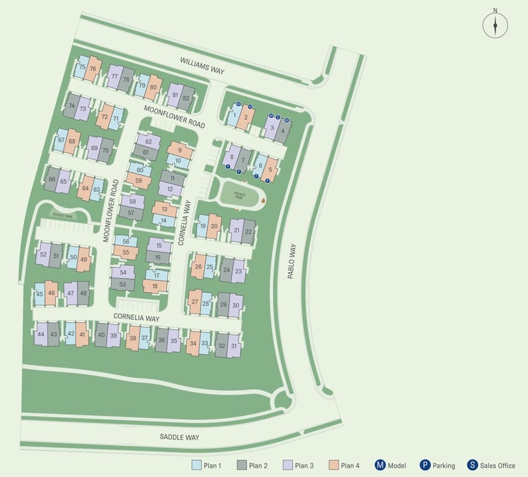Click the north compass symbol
495,25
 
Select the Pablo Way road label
292,260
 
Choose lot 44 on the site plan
41,334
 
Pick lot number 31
234,346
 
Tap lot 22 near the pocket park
249,231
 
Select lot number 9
180,150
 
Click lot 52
43,255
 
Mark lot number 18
155,286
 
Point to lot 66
52,179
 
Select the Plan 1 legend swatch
196,465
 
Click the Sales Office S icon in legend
472,465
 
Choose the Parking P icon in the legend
425,465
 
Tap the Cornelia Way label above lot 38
136,317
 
